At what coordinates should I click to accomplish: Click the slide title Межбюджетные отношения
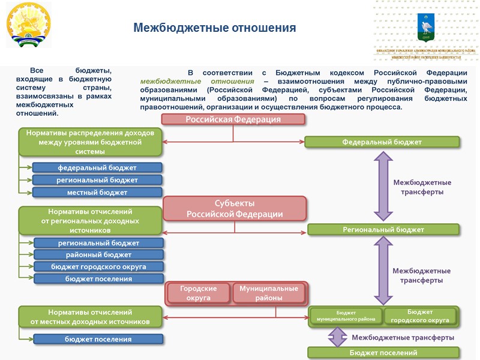(x=214, y=28)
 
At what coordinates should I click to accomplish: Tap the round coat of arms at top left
(x=29, y=25)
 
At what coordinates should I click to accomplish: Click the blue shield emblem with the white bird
(x=426, y=26)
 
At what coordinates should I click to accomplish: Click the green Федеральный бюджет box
(x=382, y=142)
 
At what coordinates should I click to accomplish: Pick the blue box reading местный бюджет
(x=97, y=193)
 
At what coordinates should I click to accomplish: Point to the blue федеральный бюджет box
(x=97, y=167)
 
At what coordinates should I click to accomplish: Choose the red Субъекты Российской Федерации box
(x=235, y=209)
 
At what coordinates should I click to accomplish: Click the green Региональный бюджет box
(x=383, y=230)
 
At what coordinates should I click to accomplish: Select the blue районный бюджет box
(x=99, y=255)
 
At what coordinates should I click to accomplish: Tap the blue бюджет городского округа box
(x=99, y=266)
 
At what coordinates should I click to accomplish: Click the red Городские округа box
(x=198, y=293)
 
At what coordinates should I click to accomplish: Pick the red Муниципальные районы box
(x=269, y=293)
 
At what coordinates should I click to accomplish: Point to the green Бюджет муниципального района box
(x=346, y=316)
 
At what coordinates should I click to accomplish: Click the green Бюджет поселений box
(x=383, y=353)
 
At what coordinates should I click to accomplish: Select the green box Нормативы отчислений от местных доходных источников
(x=90, y=317)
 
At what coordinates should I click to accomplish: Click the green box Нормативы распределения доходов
(x=90, y=142)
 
